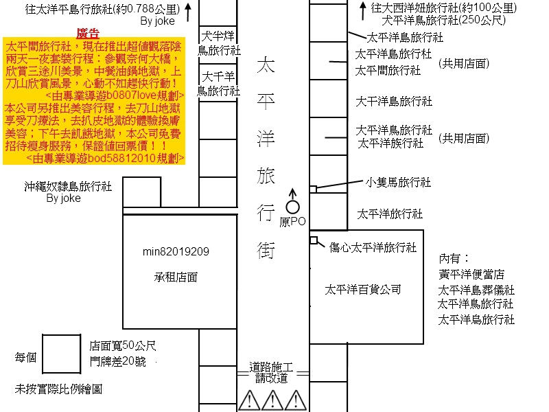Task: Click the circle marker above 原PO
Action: pyautogui.click(x=292, y=206)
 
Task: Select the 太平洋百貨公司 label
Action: pyautogui.click(x=363, y=290)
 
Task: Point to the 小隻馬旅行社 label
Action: pyautogui.click(x=398, y=182)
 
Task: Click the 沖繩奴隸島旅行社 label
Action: pyautogui.click(x=68, y=186)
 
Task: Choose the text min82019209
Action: pyautogui.click(x=175, y=252)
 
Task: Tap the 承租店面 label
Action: pyautogui.click(x=176, y=277)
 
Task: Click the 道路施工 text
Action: pyautogui.click(x=271, y=367)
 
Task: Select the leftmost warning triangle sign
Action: pyautogui.click(x=248, y=399)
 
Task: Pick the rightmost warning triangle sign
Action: pyautogui.click(x=295, y=399)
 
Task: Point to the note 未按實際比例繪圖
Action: pyautogui.click(x=58, y=389)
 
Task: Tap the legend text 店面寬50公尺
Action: pyautogui.click(x=123, y=346)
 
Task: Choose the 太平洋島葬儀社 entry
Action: pyautogui.click(x=476, y=290)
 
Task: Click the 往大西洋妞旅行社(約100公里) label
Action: pyautogui.click(x=444, y=8)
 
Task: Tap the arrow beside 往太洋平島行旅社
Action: pyautogui.click(x=186, y=9)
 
